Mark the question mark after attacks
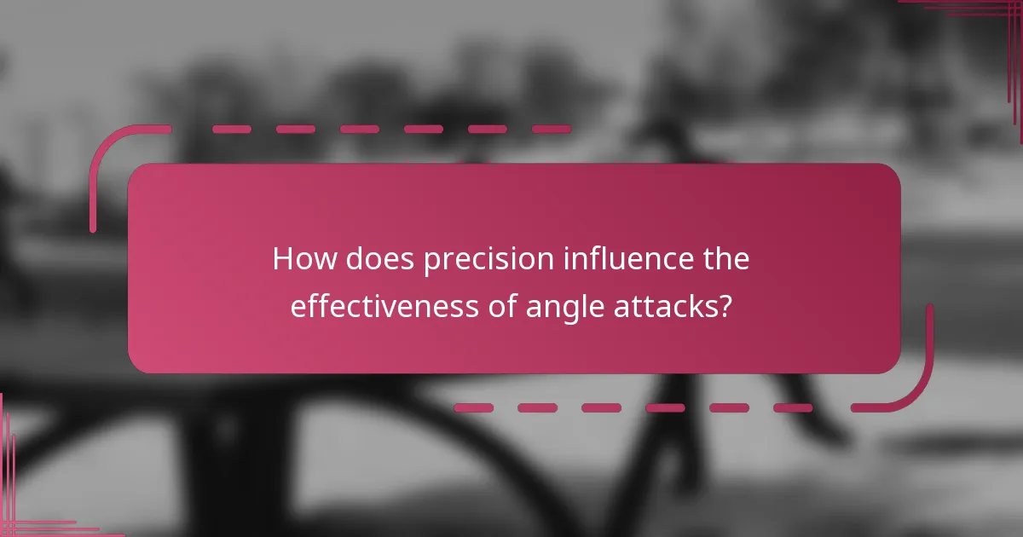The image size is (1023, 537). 725,306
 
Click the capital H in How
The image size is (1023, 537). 283,260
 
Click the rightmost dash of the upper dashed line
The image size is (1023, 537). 551,130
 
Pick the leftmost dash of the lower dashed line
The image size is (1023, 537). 473,407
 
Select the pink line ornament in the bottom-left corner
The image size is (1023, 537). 17,511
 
